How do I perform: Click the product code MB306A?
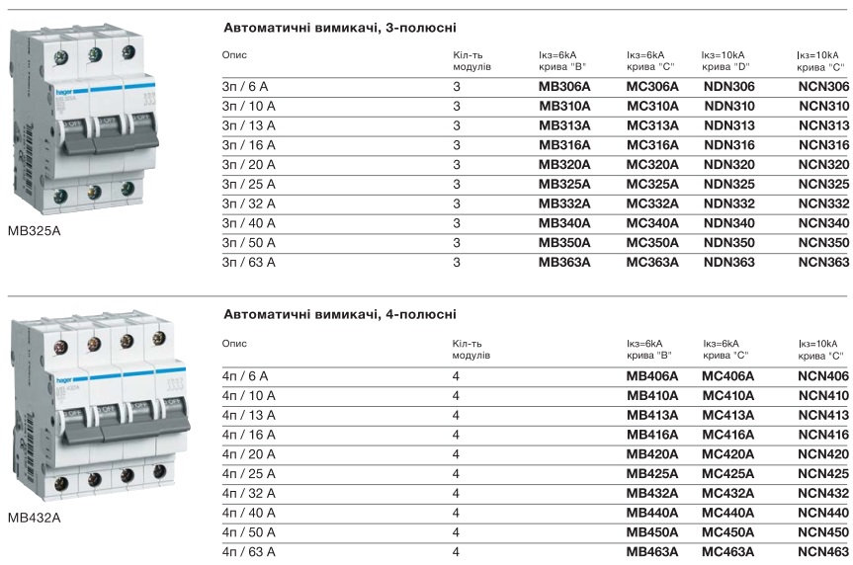[x=563, y=87]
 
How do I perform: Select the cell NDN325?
[x=729, y=184]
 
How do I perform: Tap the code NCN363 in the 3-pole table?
[x=823, y=262]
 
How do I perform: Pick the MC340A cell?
[x=652, y=223]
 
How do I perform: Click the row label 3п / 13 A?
[x=249, y=125]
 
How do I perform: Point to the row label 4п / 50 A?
[x=249, y=532]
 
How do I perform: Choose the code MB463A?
[x=652, y=552]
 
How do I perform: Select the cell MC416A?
[x=727, y=435]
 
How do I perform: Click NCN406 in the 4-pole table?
[x=823, y=376]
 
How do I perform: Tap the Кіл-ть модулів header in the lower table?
[x=471, y=349]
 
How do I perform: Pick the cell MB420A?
[x=652, y=454]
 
